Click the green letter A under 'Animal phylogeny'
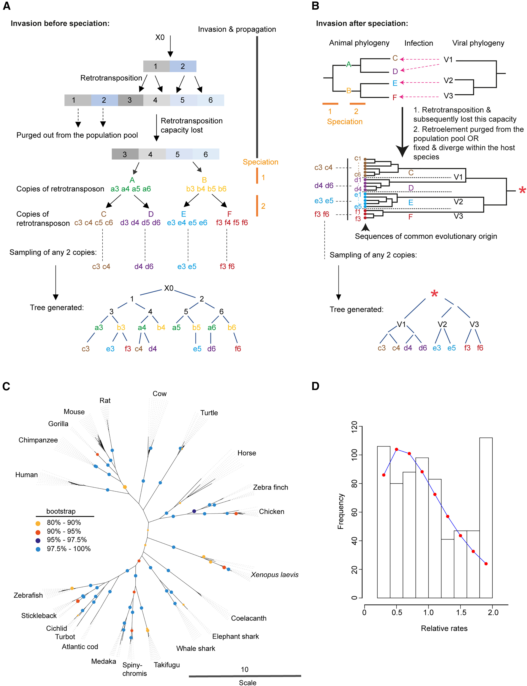[x=348, y=65]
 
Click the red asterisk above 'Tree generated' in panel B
[x=434, y=294]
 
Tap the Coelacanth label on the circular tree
[x=249, y=618]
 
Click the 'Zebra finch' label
[x=270, y=487]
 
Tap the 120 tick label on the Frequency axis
[x=354, y=427]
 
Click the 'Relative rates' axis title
[x=444, y=628]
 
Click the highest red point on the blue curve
[x=396, y=449]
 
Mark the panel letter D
[x=315, y=386]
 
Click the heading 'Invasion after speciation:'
[x=362, y=23]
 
